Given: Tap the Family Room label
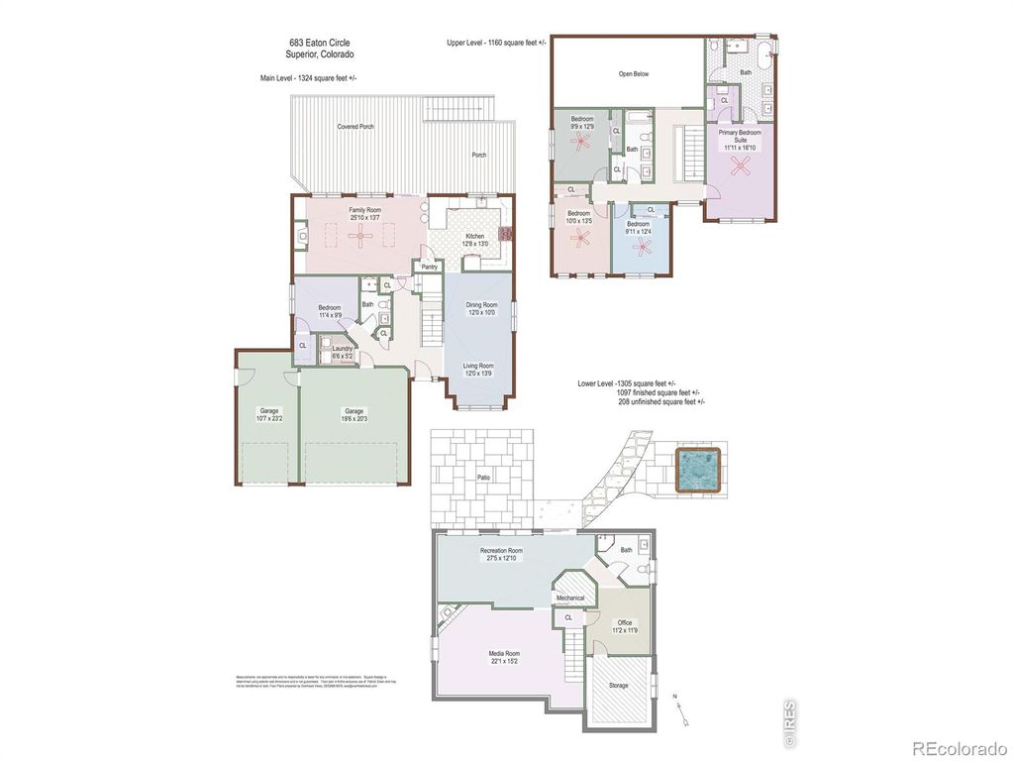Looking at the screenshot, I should [x=364, y=210].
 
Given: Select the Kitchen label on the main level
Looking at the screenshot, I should [x=475, y=236].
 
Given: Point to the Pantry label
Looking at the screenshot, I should [x=430, y=267].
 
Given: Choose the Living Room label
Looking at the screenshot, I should [x=478, y=366].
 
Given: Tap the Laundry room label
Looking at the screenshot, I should [x=343, y=349].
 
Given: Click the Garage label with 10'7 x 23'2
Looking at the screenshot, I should [x=268, y=410].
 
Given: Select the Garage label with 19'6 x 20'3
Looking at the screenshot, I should [x=354, y=410].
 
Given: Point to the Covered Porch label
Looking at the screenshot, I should [x=355, y=127].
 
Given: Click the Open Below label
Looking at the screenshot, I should [x=634, y=73].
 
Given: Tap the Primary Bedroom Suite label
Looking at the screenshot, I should [x=740, y=136].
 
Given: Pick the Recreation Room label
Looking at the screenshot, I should [x=501, y=551].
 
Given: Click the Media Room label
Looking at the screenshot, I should [x=504, y=654].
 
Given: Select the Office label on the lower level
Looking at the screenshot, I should [x=624, y=623].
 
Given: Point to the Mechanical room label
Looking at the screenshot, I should [x=570, y=598].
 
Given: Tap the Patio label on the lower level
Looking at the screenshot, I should [x=483, y=478].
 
